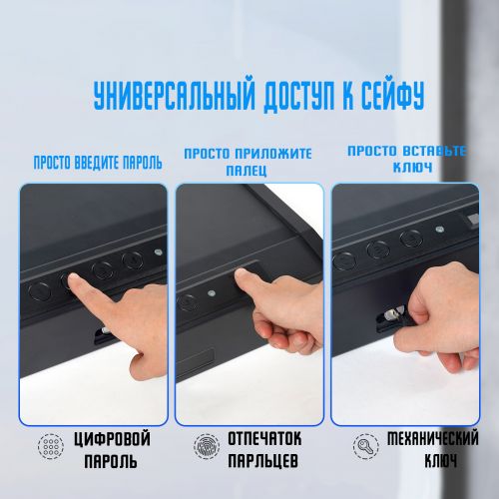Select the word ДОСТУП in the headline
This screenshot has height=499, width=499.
298,96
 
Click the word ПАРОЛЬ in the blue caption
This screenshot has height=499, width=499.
143,163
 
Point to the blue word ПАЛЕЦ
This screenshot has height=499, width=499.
247,171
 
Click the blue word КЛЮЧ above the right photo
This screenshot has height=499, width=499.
412,167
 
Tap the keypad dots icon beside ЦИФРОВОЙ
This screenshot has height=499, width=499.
51,446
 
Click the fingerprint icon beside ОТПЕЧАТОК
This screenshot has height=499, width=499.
207,446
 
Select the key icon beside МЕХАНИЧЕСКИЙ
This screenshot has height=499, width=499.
365,446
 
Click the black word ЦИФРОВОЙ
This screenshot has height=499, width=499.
112,439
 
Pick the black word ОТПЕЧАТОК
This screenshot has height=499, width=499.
264,438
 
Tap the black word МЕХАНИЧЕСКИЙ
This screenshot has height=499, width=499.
433,438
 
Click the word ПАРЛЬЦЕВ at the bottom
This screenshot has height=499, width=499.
263,461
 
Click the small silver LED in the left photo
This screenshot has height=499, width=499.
159,252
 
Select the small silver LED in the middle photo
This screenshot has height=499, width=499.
211,293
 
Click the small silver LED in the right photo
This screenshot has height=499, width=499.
440,229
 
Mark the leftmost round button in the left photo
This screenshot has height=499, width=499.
40,291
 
